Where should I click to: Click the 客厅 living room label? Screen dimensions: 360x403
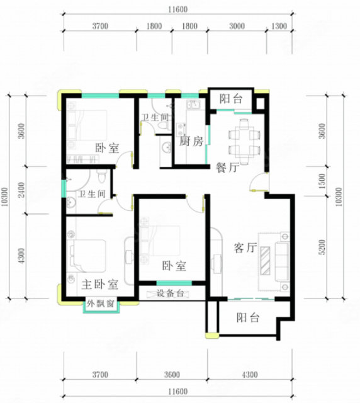pyautogui.click(x=245, y=247)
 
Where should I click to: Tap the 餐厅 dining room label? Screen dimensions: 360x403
pyautogui.click(x=228, y=167)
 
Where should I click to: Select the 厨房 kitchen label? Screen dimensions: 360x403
pyautogui.click(x=191, y=141)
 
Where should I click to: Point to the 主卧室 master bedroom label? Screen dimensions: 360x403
pyautogui.click(x=100, y=284)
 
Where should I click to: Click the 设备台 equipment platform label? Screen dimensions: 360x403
pyautogui.click(x=170, y=293)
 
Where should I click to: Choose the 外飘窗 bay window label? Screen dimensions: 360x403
pyautogui.click(x=100, y=304)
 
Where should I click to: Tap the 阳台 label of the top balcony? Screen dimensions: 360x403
pyautogui.click(x=231, y=99)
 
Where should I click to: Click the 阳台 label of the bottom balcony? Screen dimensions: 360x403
pyautogui.click(x=248, y=317)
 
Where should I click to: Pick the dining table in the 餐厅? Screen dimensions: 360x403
pyautogui.click(x=244, y=141)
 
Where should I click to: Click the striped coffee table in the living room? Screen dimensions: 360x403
pyautogui.click(x=266, y=261)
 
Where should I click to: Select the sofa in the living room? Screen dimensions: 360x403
pyautogui.click(x=282, y=261)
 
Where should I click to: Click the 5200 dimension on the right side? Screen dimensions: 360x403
pyautogui.click(x=322, y=247)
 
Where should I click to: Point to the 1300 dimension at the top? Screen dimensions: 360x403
pyautogui.click(x=279, y=26)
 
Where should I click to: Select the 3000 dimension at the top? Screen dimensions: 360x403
pyautogui.click(x=237, y=26)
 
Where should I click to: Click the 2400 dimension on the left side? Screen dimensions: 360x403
pyautogui.click(x=21, y=190)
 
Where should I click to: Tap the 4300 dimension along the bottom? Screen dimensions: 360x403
pyautogui.click(x=250, y=375)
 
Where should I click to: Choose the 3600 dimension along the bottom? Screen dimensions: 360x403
pyautogui.click(x=172, y=375)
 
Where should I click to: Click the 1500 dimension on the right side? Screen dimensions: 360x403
pyautogui.click(x=322, y=181)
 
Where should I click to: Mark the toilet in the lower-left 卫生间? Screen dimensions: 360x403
pyautogui.click(x=101, y=176)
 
